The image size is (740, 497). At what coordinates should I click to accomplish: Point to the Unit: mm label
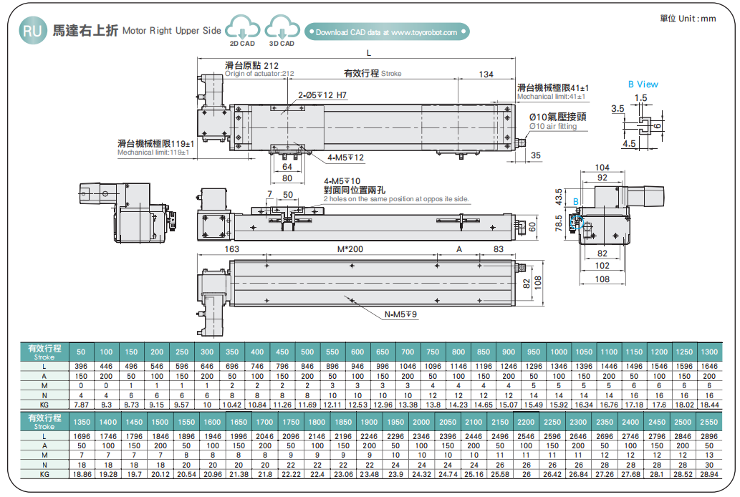click(687, 19)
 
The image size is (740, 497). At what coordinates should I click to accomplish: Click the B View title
click(643, 85)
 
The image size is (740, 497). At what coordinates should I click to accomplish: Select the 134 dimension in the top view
click(486, 74)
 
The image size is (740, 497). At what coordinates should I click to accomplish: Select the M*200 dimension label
click(350, 249)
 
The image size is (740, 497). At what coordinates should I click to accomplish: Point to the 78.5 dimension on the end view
click(559, 223)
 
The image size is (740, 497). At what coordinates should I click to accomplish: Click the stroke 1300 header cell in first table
click(708, 352)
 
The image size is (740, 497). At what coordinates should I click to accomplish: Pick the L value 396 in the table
click(81, 366)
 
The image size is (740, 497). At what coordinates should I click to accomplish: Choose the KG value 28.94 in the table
click(708, 474)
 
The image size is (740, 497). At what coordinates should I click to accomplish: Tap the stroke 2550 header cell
click(708, 423)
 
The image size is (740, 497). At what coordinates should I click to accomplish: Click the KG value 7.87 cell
click(81, 404)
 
